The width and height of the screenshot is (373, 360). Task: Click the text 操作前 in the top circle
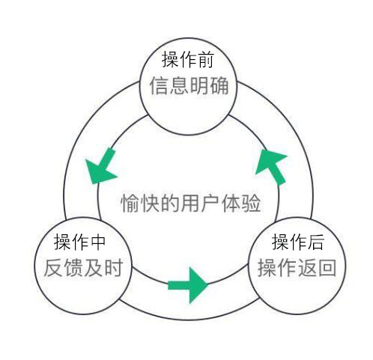tap(188, 59)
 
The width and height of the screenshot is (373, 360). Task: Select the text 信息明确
tap(189, 86)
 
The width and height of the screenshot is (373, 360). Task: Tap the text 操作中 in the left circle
tap(79, 242)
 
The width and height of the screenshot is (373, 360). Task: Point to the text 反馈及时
tap(83, 268)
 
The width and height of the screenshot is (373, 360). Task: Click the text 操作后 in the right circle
tap(298, 242)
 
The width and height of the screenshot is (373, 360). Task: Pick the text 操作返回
tap(297, 268)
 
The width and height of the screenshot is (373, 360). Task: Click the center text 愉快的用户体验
tap(191, 203)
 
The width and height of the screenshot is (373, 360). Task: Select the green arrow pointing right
tap(188, 285)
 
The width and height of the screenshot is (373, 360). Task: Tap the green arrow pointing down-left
tap(102, 167)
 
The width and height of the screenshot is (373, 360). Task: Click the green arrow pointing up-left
tap(272, 167)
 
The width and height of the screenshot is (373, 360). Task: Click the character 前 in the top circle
tap(205, 59)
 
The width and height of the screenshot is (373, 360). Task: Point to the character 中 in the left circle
tap(97, 242)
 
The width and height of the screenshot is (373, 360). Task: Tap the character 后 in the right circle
tap(315, 242)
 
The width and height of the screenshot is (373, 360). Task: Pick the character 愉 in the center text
tap(130, 203)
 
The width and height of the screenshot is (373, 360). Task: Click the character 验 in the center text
tap(252, 203)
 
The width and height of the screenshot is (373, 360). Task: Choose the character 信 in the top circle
tap(159, 86)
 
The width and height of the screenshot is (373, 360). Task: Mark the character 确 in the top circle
tap(219, 86)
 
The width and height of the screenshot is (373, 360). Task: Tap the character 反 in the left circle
tap(53, 268)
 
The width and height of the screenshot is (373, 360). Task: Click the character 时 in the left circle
tap(114, 268)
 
